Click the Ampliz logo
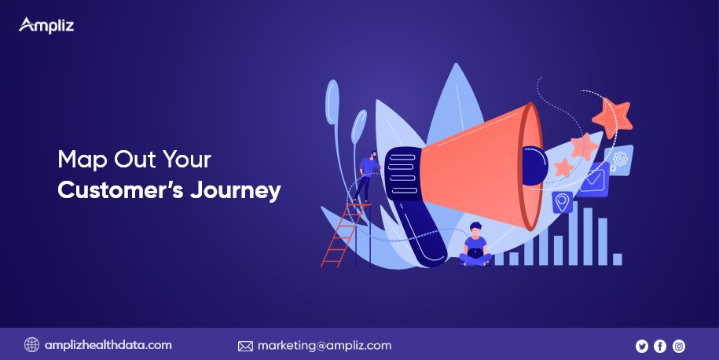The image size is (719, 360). click(46, 26)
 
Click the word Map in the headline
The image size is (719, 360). click(83, 160)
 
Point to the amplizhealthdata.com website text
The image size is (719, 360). click(108, 345)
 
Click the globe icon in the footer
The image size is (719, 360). click(31, 345)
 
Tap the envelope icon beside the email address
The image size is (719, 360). click(245, 346)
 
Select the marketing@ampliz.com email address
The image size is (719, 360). click(325, 345)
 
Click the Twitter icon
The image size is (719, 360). click(642, 346)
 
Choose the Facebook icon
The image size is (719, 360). click(660, 346)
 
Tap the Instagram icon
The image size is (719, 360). click(679, 346)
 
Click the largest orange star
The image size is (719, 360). click(613, 117)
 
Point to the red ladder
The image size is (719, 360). click(343, 235)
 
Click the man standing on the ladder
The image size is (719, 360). click(369, 175)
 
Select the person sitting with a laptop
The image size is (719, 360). click(475, 244)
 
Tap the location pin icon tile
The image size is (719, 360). click(562, 202)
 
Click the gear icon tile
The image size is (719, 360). click(618, 160)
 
